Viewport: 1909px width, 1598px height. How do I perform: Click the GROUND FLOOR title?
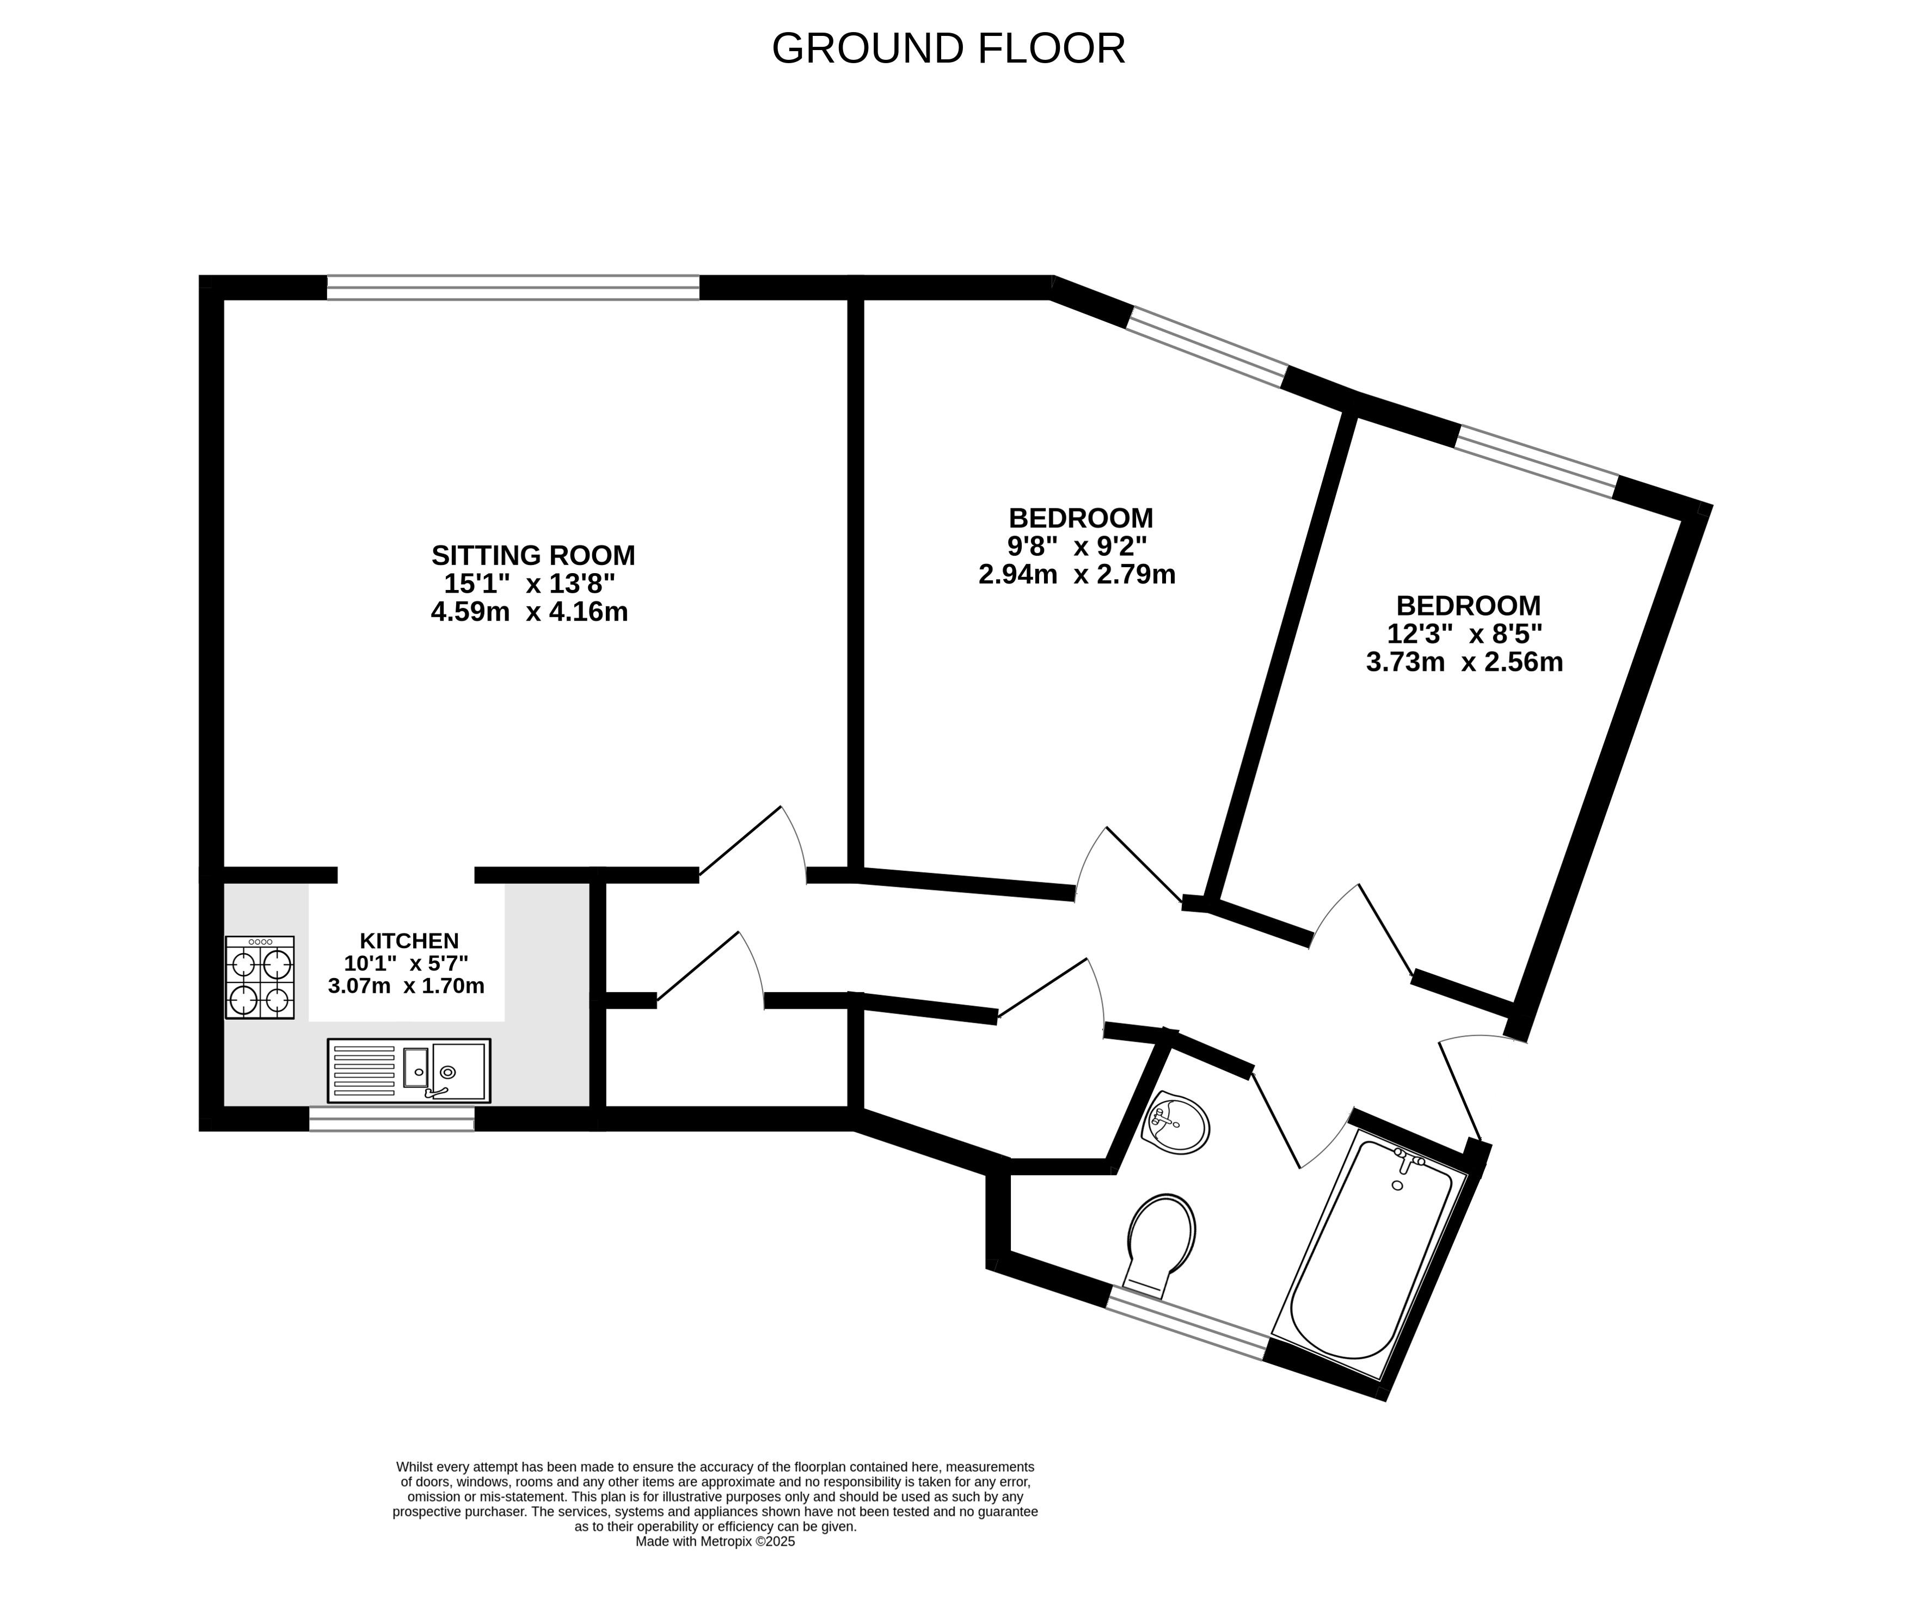(x=948, y=49)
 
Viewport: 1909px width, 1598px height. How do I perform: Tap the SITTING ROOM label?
(x=533, y=555)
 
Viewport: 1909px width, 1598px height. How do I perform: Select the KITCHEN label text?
(x=409, y=941)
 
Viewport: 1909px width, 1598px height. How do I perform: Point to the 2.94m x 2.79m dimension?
(x=1077, y=574)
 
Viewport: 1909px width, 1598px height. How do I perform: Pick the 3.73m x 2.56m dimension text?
(x=1464, y=662)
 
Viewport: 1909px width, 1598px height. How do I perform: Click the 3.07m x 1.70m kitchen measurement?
(x=406, y=985)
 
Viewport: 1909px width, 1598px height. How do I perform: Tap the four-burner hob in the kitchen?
(x=260, y=977)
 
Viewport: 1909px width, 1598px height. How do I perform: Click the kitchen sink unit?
(x=409, y=1071)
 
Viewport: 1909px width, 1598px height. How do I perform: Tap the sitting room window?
(x=514, y=287)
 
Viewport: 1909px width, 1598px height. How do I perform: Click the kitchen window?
(x=392, y=1119)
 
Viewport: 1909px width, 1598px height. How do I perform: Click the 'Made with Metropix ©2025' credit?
(x=715, y=1541)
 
